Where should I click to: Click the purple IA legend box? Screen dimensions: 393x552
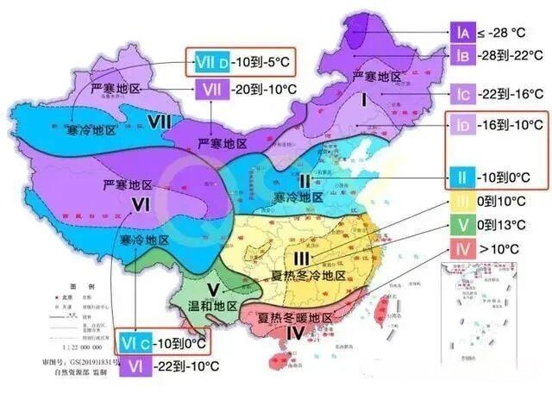coord(461,33)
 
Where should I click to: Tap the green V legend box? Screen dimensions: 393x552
coord(461,225)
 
